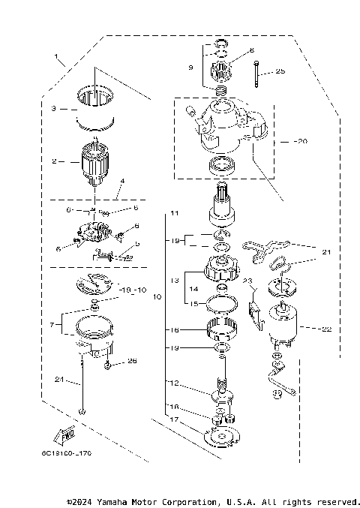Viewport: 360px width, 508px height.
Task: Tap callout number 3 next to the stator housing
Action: click(54, 108)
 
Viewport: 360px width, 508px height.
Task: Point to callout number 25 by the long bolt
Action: click(280, 71)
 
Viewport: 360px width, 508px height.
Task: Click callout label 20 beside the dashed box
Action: click(301, 140)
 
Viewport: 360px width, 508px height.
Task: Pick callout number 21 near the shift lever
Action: click(326, 252)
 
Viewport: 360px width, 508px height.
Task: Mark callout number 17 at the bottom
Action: click(173, 419)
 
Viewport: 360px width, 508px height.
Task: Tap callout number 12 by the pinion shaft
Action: click(174, 383)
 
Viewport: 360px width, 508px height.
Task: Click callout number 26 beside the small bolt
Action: click(133, 362)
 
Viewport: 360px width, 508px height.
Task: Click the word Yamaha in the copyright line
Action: click(116, 501)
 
